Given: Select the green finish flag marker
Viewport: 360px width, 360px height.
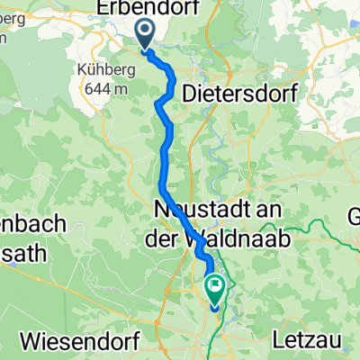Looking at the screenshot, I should [217, 289].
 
